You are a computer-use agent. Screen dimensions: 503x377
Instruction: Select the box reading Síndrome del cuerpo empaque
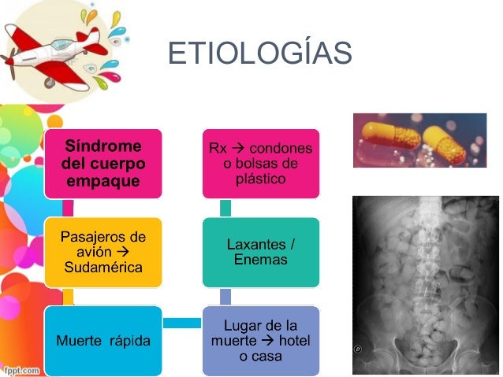pyautogui.click(x=103, y=164)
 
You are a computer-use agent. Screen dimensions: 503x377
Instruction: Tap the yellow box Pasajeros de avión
pyautogui.click(x=103, y=252)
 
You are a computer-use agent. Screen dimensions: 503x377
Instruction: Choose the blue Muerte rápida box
pyautogui.click(x=103, y=341)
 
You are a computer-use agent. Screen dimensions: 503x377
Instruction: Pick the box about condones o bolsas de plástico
pyautogui.click(x=261, y=164)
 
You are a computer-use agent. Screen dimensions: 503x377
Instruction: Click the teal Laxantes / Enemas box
pyautogui.click(x=261, y=252)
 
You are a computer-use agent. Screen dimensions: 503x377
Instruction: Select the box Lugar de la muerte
pyautogui.click(x=261, y=341)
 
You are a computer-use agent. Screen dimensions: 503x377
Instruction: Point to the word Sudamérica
pyautogui.click(x=103, y=268)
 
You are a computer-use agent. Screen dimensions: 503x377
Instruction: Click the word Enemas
pyautogui.click(x=261, y=260)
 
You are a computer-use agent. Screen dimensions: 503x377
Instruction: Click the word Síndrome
pyautogui.click(x=103, y=147)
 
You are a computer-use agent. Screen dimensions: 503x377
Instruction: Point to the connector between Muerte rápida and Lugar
pyautogui.click(x=182, y=323)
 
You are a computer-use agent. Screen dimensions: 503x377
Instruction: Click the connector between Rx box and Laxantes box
pyautogui.click(x=226, y=208)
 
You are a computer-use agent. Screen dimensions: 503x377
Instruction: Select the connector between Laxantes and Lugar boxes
pyautogui.click(x=226, y=297)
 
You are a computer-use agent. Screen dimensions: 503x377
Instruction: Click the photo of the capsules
pyautogui.click(x=419, y=140)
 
